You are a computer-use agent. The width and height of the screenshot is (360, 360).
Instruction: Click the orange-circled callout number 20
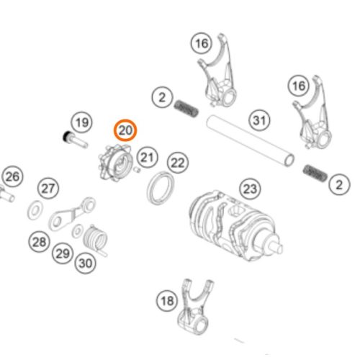coord(125,130)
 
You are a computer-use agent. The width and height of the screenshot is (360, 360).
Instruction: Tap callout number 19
coord(82,122)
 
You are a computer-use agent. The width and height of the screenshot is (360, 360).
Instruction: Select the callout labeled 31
coord(259,120)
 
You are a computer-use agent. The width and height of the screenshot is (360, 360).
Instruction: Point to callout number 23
coord(251,189)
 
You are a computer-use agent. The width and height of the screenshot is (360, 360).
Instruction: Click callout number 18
coord(167,300)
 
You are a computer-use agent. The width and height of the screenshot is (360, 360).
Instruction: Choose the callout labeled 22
coord(178,163)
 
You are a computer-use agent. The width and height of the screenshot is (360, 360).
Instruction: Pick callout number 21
coord(148,158)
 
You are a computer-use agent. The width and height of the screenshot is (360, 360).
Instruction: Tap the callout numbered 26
coord(12,177)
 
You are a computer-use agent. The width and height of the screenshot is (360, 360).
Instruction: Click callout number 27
coord(48,188)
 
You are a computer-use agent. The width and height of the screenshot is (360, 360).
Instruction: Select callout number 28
coord(40,241)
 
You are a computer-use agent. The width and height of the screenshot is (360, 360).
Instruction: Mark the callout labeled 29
coord(63,253)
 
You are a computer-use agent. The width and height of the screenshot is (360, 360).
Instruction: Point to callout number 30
coord(86,263)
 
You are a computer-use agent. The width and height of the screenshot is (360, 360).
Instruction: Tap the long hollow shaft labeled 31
coord(251,141)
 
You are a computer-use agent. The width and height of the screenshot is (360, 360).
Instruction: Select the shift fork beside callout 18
coord(194,307)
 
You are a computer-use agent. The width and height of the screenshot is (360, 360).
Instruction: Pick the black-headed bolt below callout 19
coord(75,140)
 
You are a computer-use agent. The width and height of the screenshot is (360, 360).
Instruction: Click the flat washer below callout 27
coord(35,210)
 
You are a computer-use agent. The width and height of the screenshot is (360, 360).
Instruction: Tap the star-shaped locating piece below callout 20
coord(115,163)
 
